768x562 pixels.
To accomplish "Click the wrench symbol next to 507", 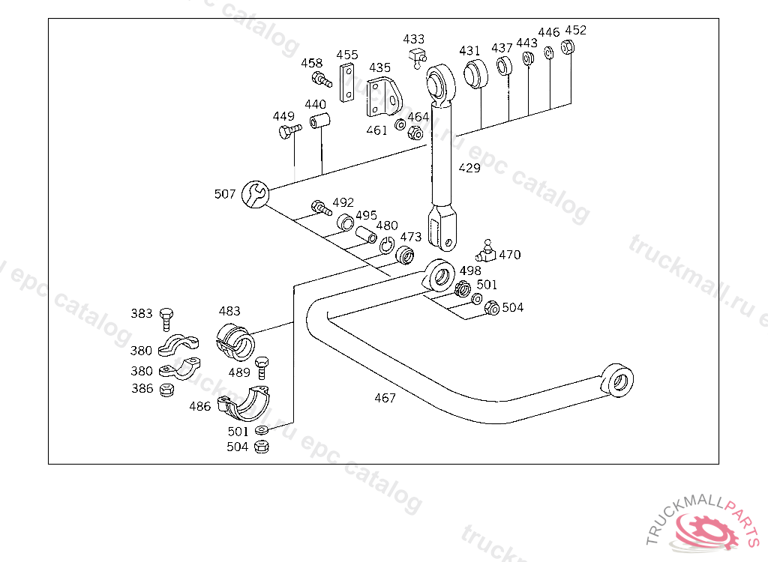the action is point(255,194).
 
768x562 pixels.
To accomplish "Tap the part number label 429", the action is point(469,168).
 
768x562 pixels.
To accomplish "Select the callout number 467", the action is point(385,398).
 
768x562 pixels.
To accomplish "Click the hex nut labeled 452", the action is point(567,47).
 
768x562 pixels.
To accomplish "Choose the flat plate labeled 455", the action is point(347,82).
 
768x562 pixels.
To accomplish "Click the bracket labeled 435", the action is point(384,97).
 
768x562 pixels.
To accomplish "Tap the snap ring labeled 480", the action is point(386,245).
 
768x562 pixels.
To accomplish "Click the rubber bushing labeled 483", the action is point(235,341).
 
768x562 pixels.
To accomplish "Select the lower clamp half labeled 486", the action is point(244,403).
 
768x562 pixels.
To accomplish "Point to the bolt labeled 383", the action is point(166,319).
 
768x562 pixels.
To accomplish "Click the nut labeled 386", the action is point(167,390).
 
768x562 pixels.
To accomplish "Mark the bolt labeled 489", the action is point(262,368).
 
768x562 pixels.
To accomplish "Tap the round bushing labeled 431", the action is point(475,74).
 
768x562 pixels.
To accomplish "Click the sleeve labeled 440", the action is point(319,121).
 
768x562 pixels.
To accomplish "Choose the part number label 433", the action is point(413,39).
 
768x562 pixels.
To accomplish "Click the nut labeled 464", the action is point(415,132).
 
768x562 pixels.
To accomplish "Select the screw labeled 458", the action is point(322,79).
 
